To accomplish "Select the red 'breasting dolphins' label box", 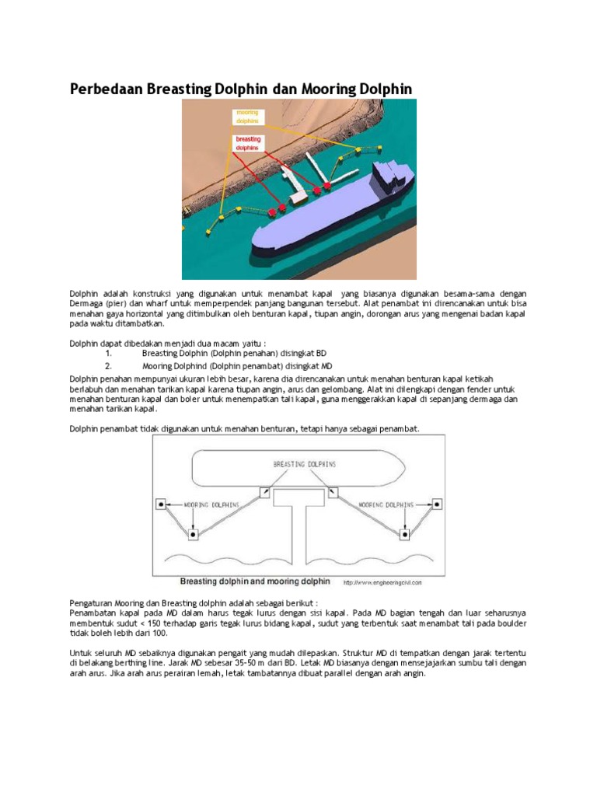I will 248,143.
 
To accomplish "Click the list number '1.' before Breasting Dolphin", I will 109,353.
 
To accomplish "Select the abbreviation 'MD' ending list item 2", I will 327,365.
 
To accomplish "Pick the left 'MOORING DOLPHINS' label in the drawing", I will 211,504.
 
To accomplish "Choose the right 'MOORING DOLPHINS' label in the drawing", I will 386,504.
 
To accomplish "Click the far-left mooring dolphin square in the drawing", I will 161,504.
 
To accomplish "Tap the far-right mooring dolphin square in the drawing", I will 437,504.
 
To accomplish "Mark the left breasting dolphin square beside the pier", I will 265,491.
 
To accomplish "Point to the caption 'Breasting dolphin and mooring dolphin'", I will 255,581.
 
